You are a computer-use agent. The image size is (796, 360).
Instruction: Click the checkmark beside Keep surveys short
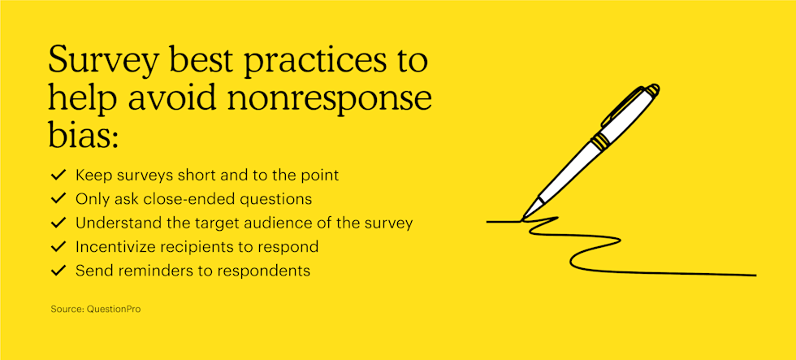[x=58, y=176]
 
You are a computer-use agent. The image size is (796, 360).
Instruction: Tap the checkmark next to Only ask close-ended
[x=58, y=199]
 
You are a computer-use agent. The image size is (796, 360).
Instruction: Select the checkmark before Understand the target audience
[x=58, y=223]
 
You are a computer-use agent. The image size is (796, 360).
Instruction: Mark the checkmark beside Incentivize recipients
[x=58, y=247]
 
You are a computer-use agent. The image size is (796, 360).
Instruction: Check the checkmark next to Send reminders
[x=58, y=271]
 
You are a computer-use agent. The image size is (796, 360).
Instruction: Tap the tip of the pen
[x=522, y=219]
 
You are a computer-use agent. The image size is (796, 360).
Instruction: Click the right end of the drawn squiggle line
[x=756, y=275]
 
